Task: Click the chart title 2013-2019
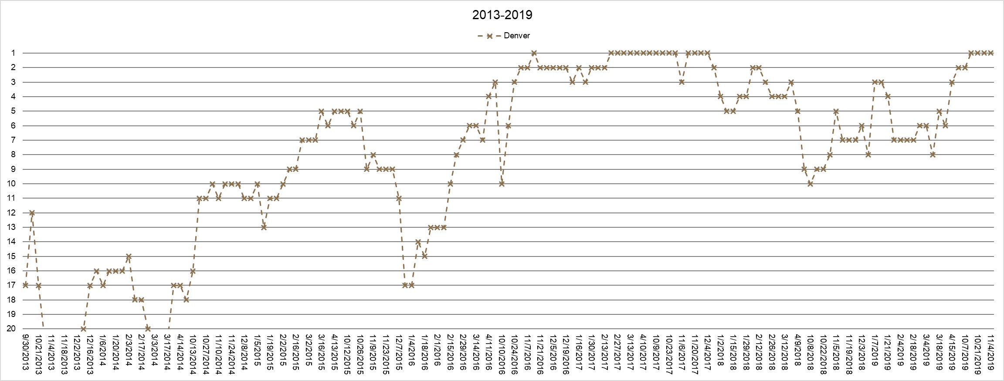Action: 502,15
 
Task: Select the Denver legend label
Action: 516,36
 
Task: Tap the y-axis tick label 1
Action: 13,53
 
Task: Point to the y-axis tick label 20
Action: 11,329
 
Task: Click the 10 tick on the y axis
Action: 11,184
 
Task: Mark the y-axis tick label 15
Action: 11,256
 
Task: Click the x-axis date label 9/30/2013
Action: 25,352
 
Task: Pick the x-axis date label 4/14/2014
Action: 180,352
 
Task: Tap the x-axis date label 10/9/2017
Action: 656,352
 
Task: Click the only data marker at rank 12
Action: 32,212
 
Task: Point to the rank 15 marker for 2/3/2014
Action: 128,256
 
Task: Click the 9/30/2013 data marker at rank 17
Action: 25,285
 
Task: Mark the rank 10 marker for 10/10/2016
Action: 502,184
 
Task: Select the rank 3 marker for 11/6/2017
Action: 682,82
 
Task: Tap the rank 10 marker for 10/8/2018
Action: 810,184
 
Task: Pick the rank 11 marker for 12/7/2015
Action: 399,198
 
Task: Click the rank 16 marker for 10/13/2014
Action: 193,271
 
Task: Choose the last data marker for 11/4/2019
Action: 990,53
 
